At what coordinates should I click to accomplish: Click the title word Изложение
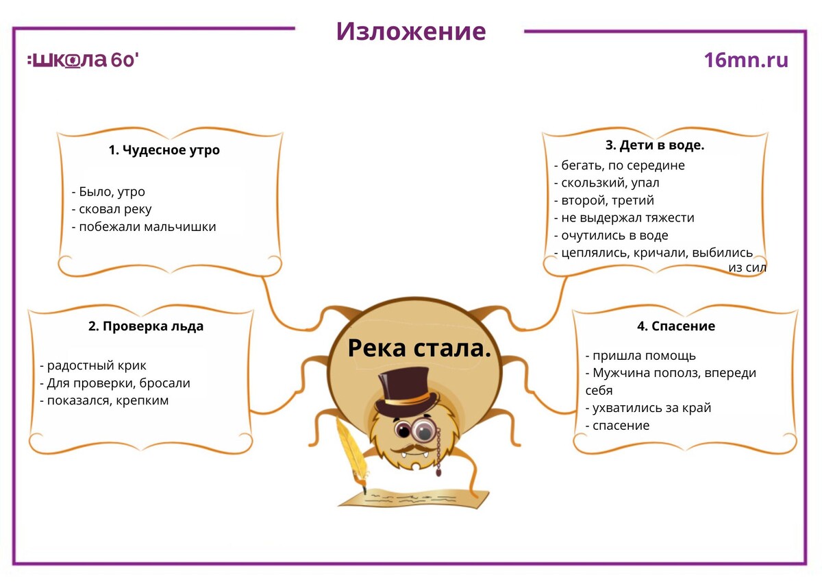410,31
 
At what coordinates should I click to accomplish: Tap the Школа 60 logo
83,60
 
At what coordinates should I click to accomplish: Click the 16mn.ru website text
746,60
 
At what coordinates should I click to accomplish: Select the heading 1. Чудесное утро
164,150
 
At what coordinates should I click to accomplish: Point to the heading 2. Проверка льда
146,326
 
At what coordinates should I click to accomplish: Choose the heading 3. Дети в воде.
655,145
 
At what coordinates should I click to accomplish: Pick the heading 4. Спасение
676,326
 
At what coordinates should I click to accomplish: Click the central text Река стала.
419,348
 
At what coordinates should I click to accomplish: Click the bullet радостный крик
93,365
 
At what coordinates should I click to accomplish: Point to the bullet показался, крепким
104,400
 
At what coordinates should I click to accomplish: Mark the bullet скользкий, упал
607,183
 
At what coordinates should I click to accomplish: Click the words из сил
747,268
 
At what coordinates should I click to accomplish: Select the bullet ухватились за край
649,408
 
